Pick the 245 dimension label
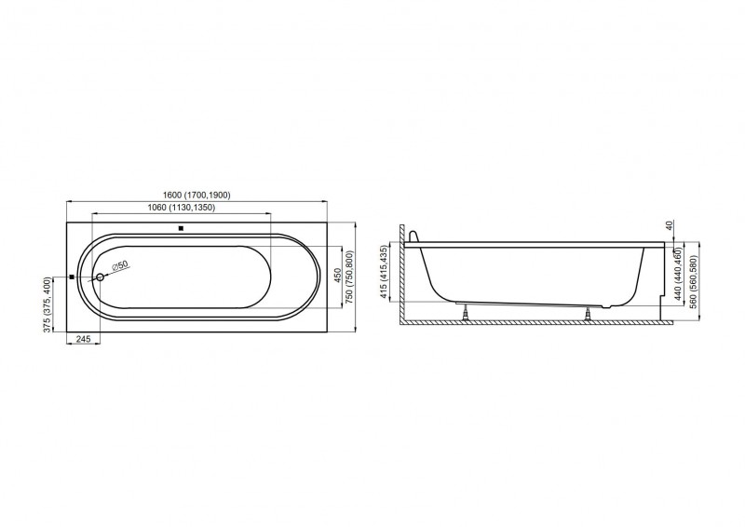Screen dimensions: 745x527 pos(83,338)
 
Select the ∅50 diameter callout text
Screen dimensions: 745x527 pos(120,265)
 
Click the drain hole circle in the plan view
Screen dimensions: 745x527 pos(100,277)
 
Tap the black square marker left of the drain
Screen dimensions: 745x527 pos(72,277)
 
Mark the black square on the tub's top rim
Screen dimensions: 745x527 pos(181,228)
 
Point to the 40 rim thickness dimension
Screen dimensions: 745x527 pos(669,225)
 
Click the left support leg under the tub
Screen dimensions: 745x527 pos(465,313)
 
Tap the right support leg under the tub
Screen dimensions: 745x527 pos(589,314)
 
